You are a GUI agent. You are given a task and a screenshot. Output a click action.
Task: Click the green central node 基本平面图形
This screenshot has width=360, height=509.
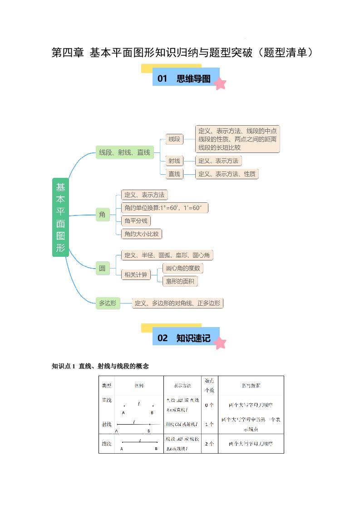pos(60,217)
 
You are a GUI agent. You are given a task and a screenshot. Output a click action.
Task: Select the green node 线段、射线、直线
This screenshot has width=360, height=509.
pos(124,152)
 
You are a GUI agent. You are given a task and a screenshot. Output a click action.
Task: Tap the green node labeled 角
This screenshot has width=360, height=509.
pos(102,215)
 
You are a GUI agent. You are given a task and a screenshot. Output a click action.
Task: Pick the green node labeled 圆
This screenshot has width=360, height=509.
pos(102,268)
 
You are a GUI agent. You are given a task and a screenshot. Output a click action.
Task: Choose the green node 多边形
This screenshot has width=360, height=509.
pos(108,303)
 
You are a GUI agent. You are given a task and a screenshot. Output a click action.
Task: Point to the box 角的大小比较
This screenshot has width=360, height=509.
pos(142,234)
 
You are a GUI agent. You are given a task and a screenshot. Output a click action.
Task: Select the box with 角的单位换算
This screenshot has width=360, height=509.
pos(165,208)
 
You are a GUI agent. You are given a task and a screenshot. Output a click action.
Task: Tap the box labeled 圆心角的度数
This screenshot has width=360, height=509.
pos(182,268)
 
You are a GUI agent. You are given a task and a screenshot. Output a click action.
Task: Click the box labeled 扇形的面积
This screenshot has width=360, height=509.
pos(180,281)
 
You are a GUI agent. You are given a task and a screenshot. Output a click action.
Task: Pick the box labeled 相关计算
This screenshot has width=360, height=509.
pos(136,274)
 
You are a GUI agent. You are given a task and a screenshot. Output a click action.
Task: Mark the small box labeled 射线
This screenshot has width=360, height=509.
pos(174,161)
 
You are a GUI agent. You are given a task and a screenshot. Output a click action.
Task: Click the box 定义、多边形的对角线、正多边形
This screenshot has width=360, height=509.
pos(178,303)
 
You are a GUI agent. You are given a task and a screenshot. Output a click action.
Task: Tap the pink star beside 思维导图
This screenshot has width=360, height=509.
pos(220,83)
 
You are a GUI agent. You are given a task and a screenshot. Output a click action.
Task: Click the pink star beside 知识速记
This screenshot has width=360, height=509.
pos(220,343)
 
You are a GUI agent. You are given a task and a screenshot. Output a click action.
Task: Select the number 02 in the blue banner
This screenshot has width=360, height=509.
pos(163,338)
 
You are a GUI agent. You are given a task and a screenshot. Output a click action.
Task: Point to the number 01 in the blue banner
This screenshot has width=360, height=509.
pos(163,78)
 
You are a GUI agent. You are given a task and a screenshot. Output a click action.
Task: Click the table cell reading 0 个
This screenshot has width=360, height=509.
pos(209,405)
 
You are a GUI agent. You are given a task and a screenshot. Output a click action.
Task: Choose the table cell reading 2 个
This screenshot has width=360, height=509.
pos(209,443)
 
